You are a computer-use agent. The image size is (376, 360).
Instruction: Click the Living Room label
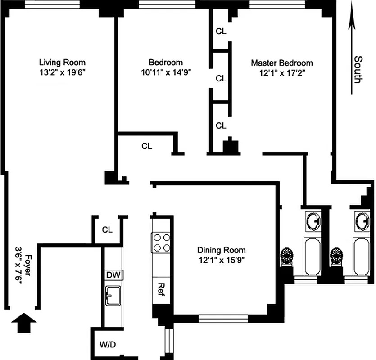62,63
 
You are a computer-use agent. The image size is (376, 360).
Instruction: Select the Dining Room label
222,250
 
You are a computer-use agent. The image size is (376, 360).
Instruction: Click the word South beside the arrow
358,69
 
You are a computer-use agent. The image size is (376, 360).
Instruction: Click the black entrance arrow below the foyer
23,323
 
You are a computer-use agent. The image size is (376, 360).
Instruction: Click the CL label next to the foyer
107,230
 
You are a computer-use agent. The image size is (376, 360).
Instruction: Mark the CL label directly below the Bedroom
147,146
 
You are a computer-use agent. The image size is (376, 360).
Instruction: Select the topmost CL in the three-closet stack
221,31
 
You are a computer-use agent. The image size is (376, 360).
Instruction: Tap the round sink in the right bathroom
362,220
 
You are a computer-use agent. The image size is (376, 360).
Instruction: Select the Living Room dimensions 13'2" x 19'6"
62,72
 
